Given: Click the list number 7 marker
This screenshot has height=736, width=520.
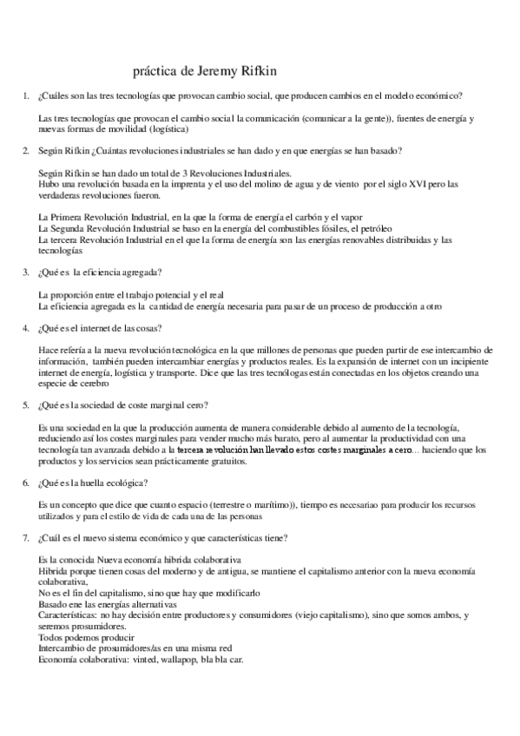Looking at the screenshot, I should pyautogui.click(x=26, y=537).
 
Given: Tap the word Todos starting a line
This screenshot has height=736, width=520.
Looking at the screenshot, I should pyautogui.click(x=52, y=637).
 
